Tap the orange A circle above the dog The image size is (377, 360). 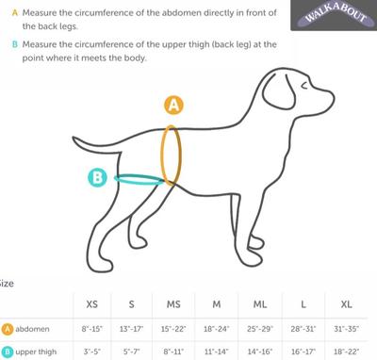[x=173, y=105]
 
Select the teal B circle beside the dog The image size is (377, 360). [x=97, y=177]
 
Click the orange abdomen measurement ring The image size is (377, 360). [x=162, y=155]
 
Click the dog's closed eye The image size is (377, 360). [x=304, y=85]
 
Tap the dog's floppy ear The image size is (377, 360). [x=279, y=93]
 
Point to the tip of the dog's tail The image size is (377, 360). [x=74, y=139]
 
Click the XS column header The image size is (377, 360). [x=91, y=304]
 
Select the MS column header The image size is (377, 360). [x=173, y=304]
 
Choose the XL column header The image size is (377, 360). [x=346, y=304]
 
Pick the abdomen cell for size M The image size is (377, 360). [x=217, y=329]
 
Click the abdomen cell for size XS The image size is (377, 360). [x=92, y=329]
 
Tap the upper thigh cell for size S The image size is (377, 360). [x=131, y=352]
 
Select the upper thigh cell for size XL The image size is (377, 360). [x=346, y=352]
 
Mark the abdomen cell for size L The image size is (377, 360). [x=303, y=329]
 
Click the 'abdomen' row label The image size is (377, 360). [x=32, y=329]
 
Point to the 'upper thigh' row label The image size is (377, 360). [x=36, y=352]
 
